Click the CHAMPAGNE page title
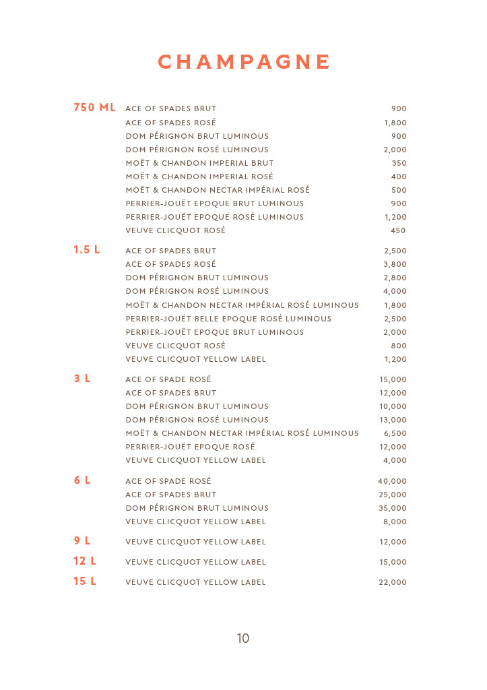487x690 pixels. (x=244, y=62)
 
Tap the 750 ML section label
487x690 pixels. (x=94, y=108)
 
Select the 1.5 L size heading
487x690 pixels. (x=87, y=250)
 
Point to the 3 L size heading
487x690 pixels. (x=82, y=379)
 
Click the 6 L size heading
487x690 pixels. (x=82, y=480)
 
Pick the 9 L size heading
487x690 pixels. (x=82, y=541)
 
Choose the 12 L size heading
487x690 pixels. (x=85, y=561)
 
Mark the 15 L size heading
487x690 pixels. (x=85, y=582)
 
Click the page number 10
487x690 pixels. (x=243, y=638)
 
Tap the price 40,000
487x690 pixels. (x=392, y=481)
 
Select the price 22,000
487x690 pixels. (x=393, y=582)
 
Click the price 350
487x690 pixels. (x=399, y=163)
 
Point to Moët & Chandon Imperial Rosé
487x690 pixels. (x=199, y=177)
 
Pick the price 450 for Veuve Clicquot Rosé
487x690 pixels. (x=398, y=230)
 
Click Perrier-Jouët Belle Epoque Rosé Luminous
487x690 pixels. (x=228, y=319)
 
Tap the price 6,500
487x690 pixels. (x=395, y=433)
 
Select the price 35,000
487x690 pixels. (x=393, y=508)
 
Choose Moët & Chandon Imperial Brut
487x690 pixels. (x=199, y=163)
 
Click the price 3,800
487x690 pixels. (x=395, y=264)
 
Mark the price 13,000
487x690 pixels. (x=393, y=420)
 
